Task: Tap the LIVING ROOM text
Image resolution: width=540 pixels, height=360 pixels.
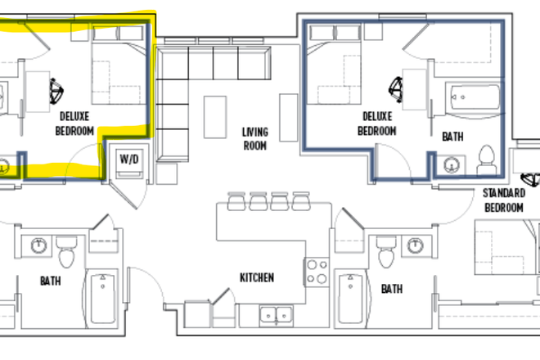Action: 255,139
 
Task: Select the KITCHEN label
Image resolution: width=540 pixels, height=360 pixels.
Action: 256,277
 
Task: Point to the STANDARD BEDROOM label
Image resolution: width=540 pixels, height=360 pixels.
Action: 503,200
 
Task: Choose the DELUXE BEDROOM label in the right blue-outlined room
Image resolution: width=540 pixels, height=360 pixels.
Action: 377,124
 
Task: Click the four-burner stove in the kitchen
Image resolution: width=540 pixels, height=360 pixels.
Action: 316,271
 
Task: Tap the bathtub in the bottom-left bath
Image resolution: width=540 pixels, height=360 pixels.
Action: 103,298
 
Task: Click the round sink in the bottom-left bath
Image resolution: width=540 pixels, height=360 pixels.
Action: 38,245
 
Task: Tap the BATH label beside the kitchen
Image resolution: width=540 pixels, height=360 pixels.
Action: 391,289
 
